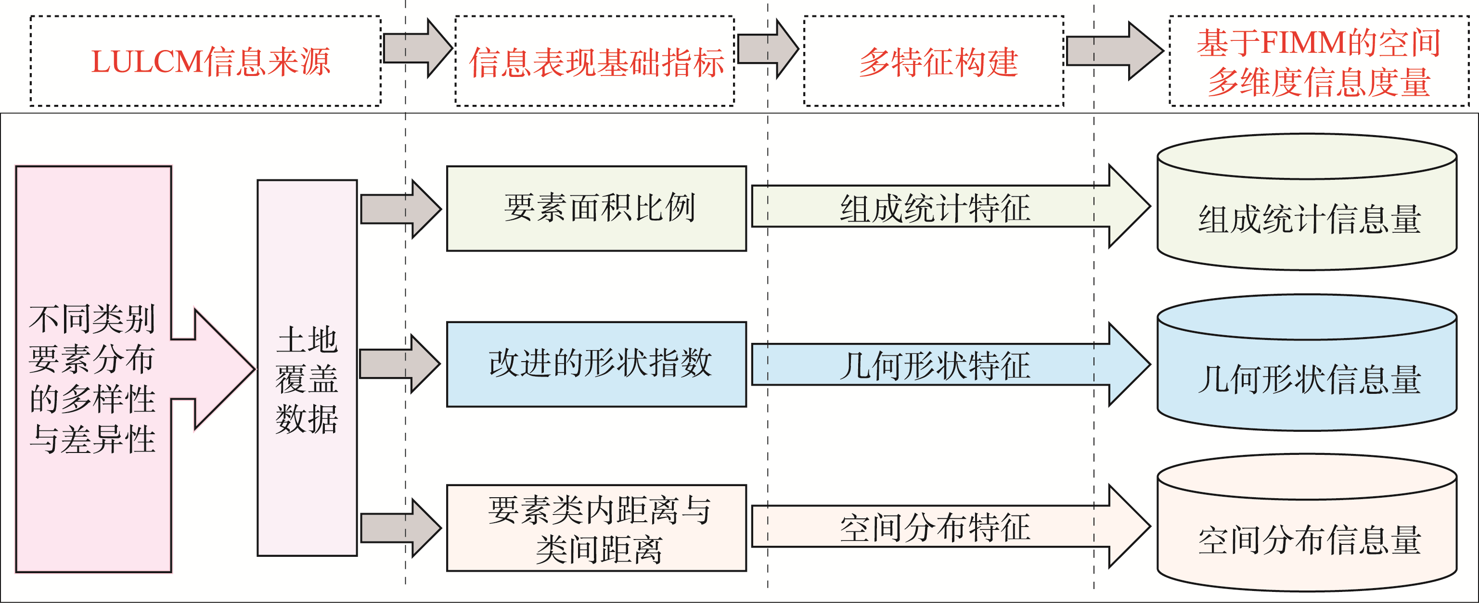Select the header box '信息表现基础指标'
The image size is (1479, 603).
(595, 62)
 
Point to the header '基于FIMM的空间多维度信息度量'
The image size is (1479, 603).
(1318, 62)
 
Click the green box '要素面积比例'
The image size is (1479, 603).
(596, 208)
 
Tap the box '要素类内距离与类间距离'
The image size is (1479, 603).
(596, 528)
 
